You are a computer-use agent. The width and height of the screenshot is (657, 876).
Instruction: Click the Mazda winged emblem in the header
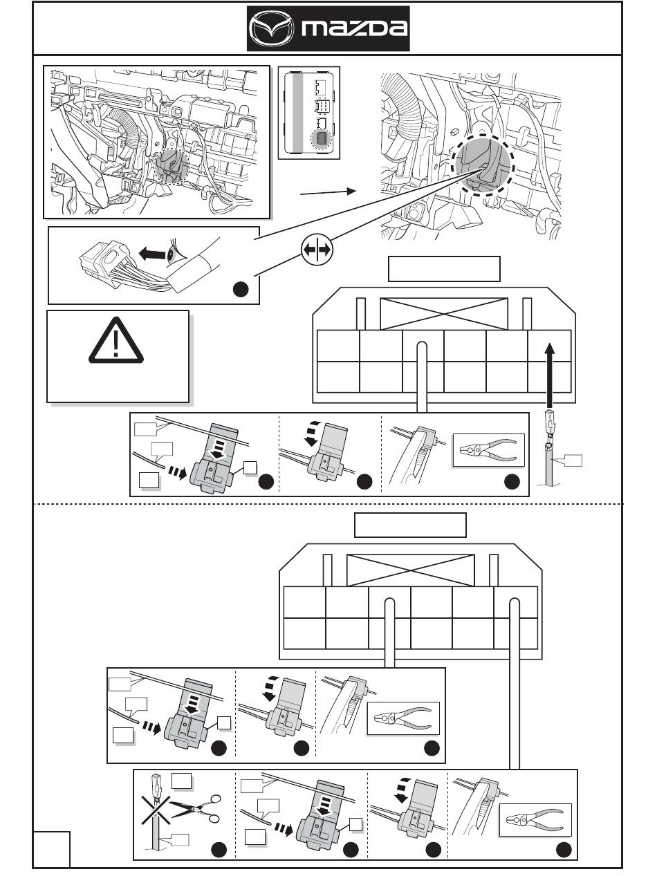pos(270,29)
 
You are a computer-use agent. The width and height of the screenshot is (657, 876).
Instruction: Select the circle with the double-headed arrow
pos(316,250)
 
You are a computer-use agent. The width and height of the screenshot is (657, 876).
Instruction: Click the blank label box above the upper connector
pos(443,269)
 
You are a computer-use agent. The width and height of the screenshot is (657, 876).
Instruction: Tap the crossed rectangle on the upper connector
pos(444,313)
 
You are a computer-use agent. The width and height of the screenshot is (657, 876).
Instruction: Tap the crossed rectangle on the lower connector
pos(410,570)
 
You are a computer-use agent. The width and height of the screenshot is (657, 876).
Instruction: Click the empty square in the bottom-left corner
pos(53,849)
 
